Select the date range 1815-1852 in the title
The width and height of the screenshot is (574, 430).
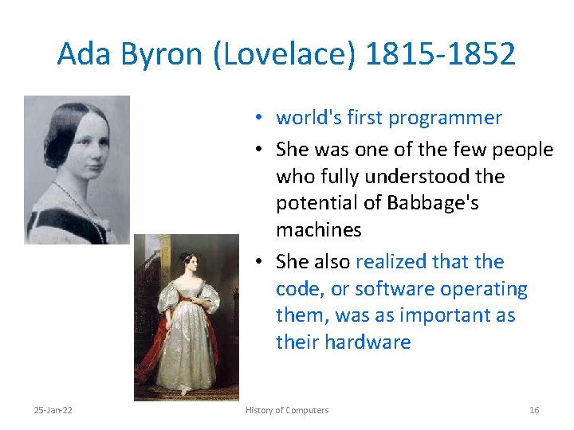[x=441, y=54]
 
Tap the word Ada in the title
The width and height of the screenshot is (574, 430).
[x=78, y=54]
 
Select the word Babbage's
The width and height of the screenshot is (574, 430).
[x=432, y=203]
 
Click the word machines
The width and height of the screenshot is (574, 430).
[x=318, y=230]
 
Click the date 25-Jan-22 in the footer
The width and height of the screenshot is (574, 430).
[x=54, y=410]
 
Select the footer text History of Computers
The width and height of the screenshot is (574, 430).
[x=287, y=410]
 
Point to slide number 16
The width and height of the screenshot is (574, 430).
[x=534, y=410]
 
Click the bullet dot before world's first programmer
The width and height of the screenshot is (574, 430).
[x=261, y=119]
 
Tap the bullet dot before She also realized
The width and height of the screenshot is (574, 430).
[x=261, y=263]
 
